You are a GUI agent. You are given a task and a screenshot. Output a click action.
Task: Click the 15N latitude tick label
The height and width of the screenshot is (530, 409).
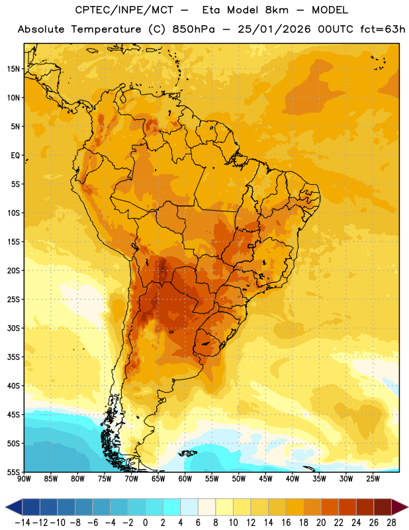click(x=13, y=69)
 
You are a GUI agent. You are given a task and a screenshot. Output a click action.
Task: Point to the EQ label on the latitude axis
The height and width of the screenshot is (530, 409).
click(x=15, y=156)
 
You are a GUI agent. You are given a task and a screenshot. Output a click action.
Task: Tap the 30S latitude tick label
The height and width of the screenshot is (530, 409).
click(x=13, y=328)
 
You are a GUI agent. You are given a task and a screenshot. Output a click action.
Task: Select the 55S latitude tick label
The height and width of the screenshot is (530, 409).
click(x=13, y=472)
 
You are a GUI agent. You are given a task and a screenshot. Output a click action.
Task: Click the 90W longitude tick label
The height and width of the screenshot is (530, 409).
click(x=24, y=479)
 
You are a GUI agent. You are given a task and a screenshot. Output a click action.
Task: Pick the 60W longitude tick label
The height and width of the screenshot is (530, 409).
click(x=185, y=479)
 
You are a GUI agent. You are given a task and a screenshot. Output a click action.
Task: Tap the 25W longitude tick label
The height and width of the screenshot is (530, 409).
click(x=373, y=479)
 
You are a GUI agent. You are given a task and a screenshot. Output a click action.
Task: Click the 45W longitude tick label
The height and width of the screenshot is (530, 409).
click(x=265, y=479)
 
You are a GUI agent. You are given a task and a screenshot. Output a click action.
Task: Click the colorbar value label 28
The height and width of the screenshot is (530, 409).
click(x=391, y=523)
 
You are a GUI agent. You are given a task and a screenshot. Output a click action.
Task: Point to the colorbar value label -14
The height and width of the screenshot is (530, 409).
click(x=23, y=523)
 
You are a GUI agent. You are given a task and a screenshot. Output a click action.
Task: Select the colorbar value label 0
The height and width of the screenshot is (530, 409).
click(x=145, y=523)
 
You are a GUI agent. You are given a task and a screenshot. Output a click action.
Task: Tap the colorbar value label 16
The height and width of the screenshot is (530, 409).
click(x=286, y=523)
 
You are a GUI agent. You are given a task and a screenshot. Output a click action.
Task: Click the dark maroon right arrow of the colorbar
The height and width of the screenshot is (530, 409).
click(x=400, y=507)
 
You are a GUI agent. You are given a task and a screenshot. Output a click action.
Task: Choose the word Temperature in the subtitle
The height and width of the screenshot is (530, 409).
click(x=106, y=29)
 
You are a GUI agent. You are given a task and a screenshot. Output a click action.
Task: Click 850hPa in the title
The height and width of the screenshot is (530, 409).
click(x=193, y=29)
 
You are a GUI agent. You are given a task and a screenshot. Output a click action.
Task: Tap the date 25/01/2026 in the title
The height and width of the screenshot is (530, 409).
click(x=274, y=29)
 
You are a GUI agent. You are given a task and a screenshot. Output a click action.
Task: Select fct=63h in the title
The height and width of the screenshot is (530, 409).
click(x=383, y=29)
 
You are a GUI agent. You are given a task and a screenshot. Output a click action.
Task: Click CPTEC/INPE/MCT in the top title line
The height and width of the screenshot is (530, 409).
click(x=124, y=10)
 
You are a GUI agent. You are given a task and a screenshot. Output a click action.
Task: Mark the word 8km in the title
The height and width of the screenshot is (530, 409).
click(x=277, y=10)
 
